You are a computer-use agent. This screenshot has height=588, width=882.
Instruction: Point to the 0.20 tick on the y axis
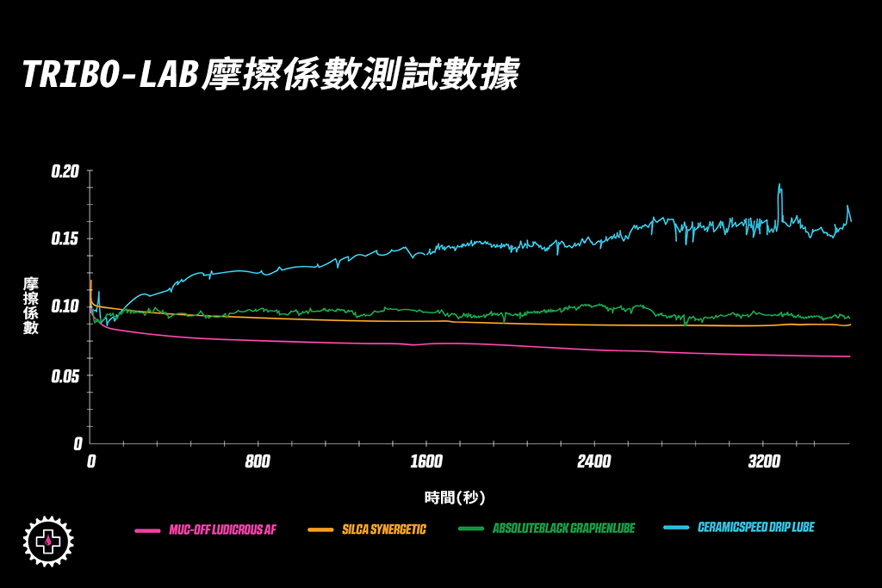(x=65, y=170)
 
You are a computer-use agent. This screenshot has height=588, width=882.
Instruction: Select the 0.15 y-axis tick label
(x=65, y=238)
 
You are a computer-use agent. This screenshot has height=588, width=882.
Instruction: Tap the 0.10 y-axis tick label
(x=65, y=306)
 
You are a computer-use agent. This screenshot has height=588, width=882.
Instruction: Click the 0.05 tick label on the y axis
(x=65, y=376)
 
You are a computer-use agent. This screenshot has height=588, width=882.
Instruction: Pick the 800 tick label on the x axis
(x=258, y=462)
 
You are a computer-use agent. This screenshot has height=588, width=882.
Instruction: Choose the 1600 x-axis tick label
(x=425, y=462)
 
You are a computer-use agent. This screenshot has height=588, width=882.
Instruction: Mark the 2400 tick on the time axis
(x=594, y=462)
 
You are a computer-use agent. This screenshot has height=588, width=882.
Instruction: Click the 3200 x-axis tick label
(x=763, y=462)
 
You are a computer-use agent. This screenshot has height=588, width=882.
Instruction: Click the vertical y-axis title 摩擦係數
(x=31, y=306)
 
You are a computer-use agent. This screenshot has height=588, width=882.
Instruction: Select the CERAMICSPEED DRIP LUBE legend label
(x=755, y=527)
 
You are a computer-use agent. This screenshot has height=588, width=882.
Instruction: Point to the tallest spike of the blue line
(x=780, y=185)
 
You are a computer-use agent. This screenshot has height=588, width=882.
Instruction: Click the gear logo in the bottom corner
(x=48, y=541)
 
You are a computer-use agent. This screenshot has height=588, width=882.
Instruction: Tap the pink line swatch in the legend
(x=147, y=529)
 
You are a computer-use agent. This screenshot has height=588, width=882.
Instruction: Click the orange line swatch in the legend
(x=320, y=529)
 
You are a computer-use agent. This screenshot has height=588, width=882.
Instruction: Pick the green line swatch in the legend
(x=470, y=529)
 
